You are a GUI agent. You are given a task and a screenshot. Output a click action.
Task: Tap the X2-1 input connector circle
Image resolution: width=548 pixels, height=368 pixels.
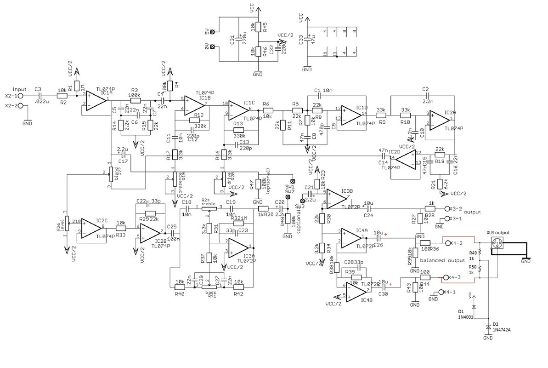[20, 96]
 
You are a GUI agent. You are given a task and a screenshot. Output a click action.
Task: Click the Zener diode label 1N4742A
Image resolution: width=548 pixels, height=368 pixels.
[503, 329]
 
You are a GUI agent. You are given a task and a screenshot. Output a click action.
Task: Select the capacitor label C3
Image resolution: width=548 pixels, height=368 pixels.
[38, 89]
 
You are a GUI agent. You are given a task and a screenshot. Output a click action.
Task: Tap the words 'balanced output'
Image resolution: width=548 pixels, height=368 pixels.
[442, 260]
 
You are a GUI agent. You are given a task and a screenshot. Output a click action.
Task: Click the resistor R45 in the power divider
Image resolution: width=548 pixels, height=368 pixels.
[259, 27]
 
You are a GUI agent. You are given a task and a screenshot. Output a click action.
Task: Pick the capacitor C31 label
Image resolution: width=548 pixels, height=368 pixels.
[232, 40]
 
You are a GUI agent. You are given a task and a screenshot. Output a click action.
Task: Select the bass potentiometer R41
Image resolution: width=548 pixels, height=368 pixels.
[209, 286]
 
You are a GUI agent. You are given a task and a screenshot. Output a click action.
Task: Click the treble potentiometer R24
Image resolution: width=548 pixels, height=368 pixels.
[209, 208]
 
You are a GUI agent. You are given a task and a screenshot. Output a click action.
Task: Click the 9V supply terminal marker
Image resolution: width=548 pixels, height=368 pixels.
[212, 33]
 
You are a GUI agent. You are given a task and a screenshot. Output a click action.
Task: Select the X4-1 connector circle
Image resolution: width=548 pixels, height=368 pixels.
[441, 292]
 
